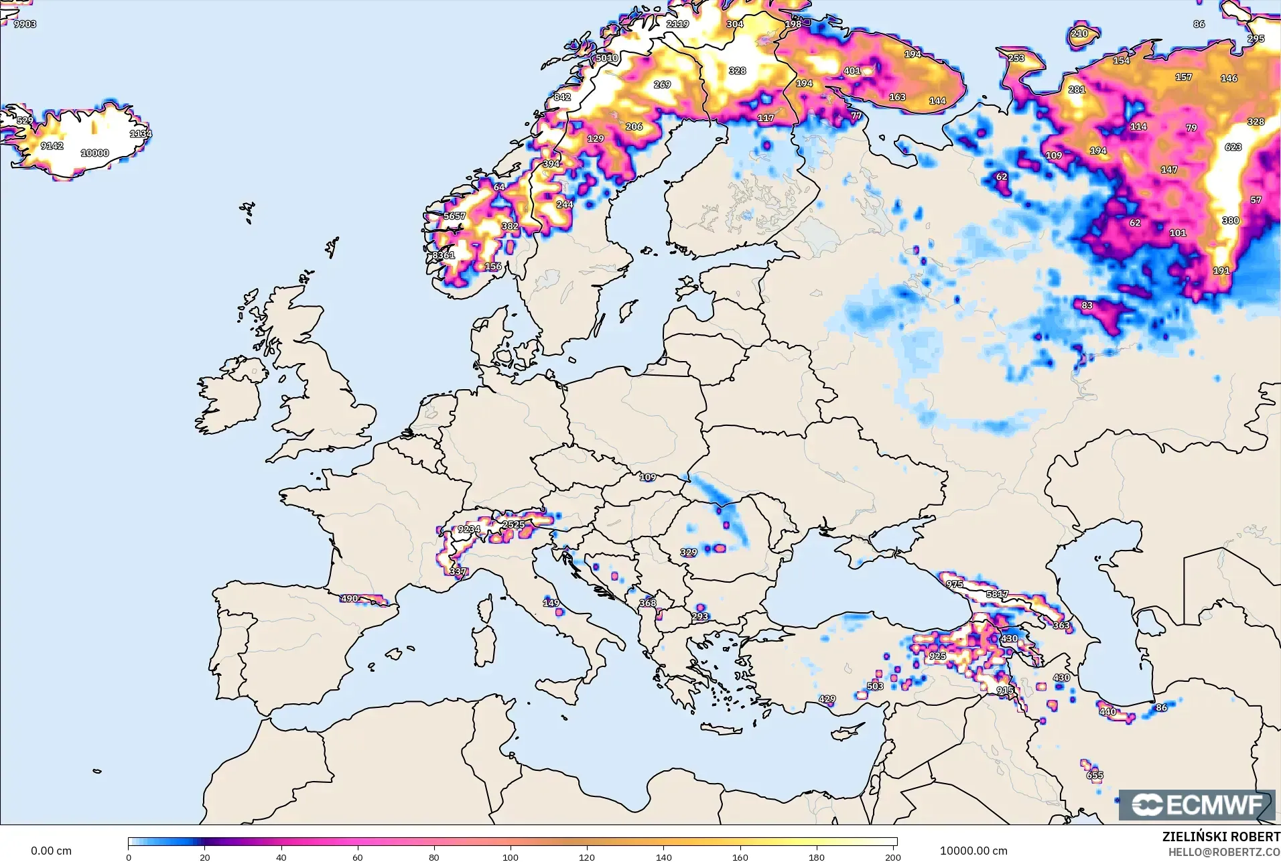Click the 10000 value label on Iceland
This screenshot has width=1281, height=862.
click(94, 153)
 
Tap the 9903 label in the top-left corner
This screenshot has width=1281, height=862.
click(25, 24)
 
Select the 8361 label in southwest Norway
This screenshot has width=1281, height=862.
click(444, 255)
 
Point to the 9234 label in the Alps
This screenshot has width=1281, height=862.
click(469, 529)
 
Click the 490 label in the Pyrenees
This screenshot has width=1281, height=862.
click(350, 598)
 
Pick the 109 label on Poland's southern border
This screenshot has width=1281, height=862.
click(648, 478)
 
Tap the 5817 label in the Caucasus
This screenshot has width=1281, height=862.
click(997, 594)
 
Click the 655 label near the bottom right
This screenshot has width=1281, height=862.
click(1095, 776)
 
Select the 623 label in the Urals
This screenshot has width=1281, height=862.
click(1233, 147)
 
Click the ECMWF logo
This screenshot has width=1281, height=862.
click(1197, 804)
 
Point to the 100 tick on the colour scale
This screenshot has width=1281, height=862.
click(511, 857)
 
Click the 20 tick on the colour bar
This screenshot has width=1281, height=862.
click(205, 857)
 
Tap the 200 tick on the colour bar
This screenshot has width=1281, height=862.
click(892, 857)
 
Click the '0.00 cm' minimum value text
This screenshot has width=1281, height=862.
click(51, 851)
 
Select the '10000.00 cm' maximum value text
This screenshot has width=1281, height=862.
click(973, 851)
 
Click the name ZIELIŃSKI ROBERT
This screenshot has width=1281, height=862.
click(1221, 837)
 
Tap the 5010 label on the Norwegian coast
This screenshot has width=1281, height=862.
click(607, 58)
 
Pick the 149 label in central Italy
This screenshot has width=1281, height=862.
click(551, 603)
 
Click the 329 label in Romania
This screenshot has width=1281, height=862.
click(689, 553)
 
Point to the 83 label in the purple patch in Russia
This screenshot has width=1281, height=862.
click(1087, 305)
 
